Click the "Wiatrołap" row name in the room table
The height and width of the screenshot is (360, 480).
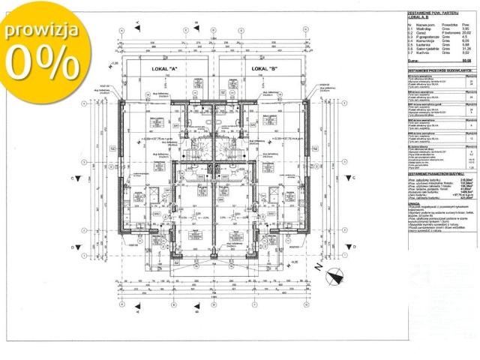point(424,28)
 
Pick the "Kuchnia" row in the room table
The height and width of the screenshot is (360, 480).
point(423,52)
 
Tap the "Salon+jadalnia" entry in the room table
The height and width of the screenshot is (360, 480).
point(427,49)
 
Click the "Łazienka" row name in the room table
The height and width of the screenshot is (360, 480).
point(424,45)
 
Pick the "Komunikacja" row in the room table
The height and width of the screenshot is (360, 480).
point(426,40)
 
